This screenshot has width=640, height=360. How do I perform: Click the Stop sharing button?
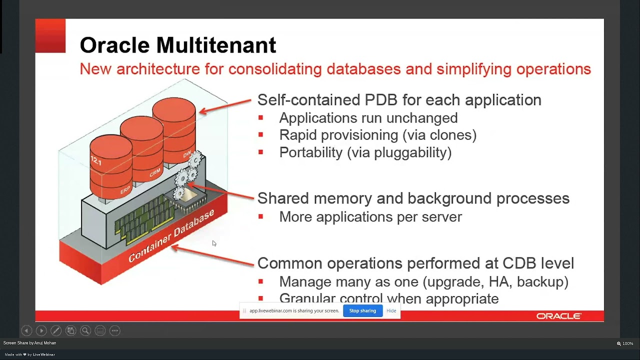tap(362, 310)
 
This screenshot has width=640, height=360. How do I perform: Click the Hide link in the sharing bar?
tap(391, 310)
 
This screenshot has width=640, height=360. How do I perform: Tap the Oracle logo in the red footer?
tap(558, 316)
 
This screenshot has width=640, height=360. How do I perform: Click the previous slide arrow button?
tap(26, 330)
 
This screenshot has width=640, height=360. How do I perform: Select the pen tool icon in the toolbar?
tap(56, 330)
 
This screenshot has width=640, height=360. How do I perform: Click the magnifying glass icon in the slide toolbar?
tap(85, 330)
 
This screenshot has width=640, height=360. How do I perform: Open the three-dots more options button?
tap(114, 330)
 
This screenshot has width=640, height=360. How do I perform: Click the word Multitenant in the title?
tap(216, 45)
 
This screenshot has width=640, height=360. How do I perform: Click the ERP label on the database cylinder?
tap(125, 190)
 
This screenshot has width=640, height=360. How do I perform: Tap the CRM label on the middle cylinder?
tap(155, 173)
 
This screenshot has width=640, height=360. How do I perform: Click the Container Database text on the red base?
tap(171, 235)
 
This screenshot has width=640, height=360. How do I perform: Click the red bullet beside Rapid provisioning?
tap(260, 135)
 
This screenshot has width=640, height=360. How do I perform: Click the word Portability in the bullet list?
tap(310, 152)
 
